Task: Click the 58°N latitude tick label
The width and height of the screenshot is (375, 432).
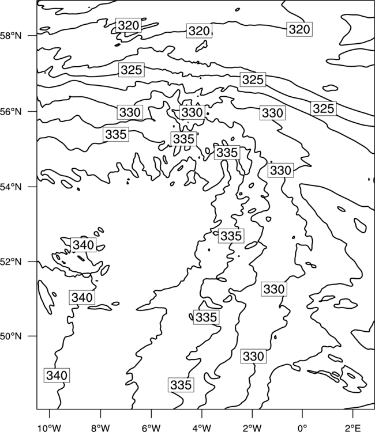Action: point(11,36)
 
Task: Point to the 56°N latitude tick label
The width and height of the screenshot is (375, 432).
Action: point(11,112)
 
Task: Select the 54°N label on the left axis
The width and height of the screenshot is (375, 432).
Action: point(11,187)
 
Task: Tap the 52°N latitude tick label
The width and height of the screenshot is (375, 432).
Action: point(11,262)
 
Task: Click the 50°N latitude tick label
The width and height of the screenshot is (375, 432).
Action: point(11,336)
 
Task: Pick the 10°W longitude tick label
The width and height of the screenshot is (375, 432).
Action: point(50,428)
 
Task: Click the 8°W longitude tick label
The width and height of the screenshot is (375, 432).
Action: point(100,428)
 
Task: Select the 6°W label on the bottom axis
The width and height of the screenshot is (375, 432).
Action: point(151,428)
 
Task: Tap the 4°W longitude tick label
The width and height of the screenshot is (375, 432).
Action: point(201,428)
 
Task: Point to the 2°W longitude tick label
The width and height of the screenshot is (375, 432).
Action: point(252,428)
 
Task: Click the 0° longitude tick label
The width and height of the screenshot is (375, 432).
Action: point(302,428)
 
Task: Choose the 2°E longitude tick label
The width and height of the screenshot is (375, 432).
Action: point(353,428)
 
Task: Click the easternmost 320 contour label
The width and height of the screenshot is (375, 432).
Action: point(299,29)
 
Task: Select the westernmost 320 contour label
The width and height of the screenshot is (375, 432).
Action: point(129,25)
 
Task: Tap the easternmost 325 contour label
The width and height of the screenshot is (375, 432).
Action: point(324,108)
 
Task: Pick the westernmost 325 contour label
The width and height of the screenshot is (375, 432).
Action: point(132,70)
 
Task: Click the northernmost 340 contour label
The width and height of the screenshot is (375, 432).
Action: point(84,245)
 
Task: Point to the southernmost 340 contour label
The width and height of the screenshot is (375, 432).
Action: point(57,375)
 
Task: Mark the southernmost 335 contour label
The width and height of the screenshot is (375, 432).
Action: point(181,385)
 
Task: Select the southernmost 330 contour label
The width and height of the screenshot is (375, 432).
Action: point(253,356)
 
